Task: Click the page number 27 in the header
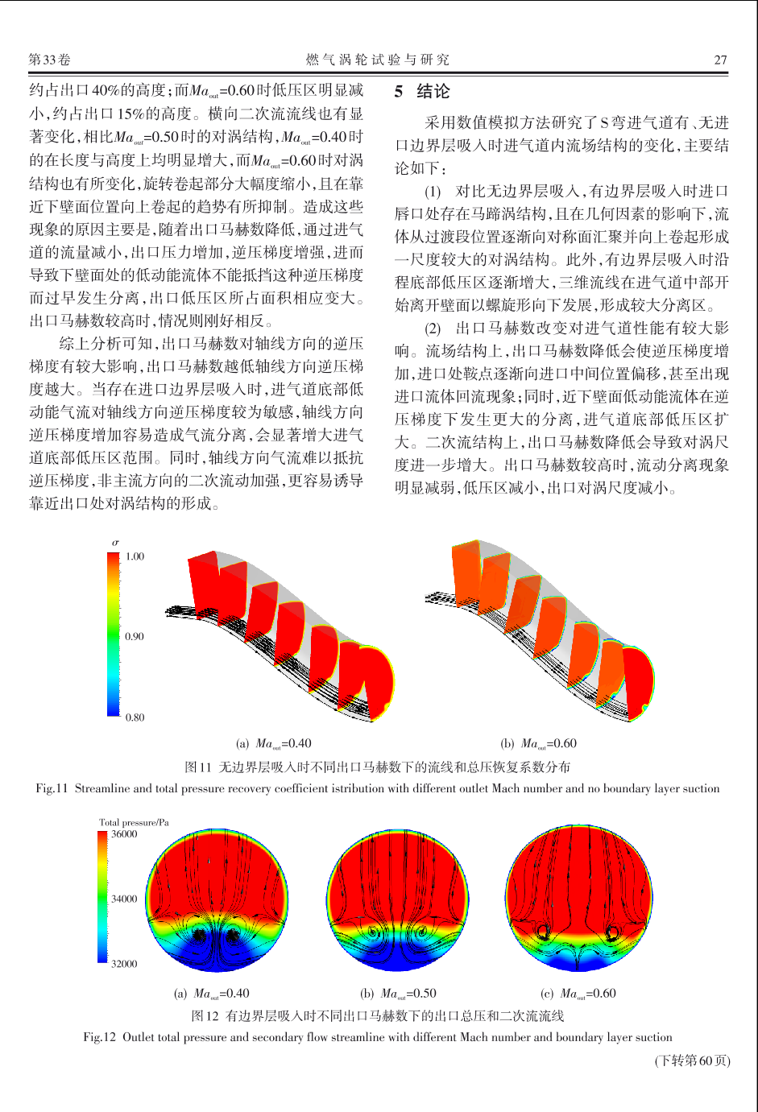point(720,60)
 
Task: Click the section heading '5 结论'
point(422,92)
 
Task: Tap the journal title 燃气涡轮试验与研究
point(377,60)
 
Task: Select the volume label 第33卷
point(49,60)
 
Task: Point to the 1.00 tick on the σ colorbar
point(135,556)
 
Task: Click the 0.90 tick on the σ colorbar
point(135,636)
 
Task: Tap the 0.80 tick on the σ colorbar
point(135,717)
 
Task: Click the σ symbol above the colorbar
point(114,543)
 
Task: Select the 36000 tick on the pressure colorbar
point(124,834)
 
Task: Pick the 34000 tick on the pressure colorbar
point(124,899)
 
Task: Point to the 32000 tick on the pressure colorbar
point(124,963)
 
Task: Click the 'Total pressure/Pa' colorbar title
point(134,822)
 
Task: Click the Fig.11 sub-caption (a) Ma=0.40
point(273,744)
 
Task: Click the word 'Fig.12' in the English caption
point(99,1037)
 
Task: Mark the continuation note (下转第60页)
point(692,1060)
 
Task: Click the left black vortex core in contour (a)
point(199,936)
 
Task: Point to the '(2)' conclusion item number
point(433,328)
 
